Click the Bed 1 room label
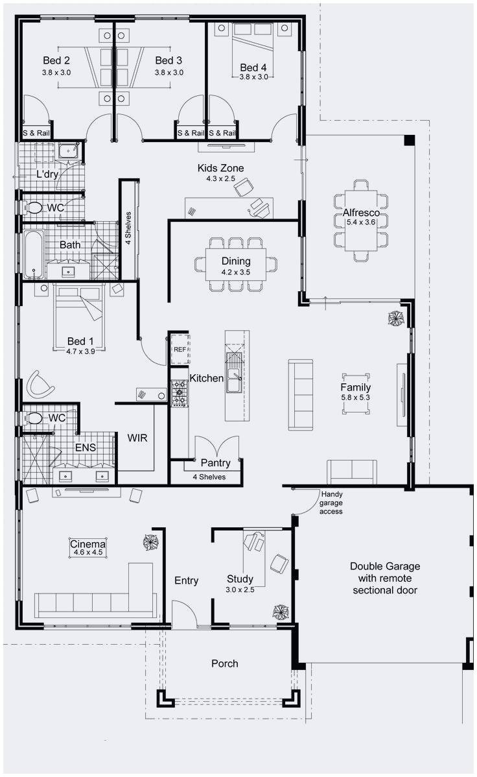click(x=81, y=341)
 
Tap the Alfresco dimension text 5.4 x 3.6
click(x=361, y=222)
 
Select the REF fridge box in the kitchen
click(x=180, y=348)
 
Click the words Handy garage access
click(x=332, y=503)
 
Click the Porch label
click(x=224, y=663)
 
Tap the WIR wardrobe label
click(x=137, y=438)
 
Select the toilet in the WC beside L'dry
click(x=33, y=208)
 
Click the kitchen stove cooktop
click(x=179, y=393)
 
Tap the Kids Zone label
click(x=220, y=168)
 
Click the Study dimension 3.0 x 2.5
click(x=239, y=590)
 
